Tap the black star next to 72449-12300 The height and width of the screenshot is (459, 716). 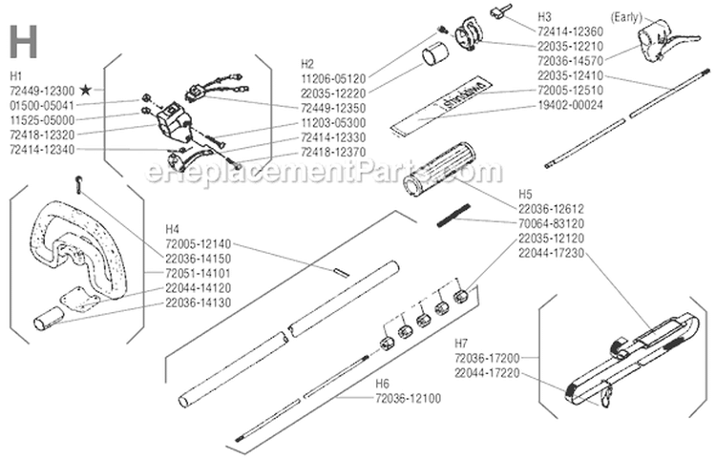tap(86, 89)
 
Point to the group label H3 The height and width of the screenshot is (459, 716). tap(544, 16)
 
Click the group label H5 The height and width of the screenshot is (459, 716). tap(526, 191)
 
